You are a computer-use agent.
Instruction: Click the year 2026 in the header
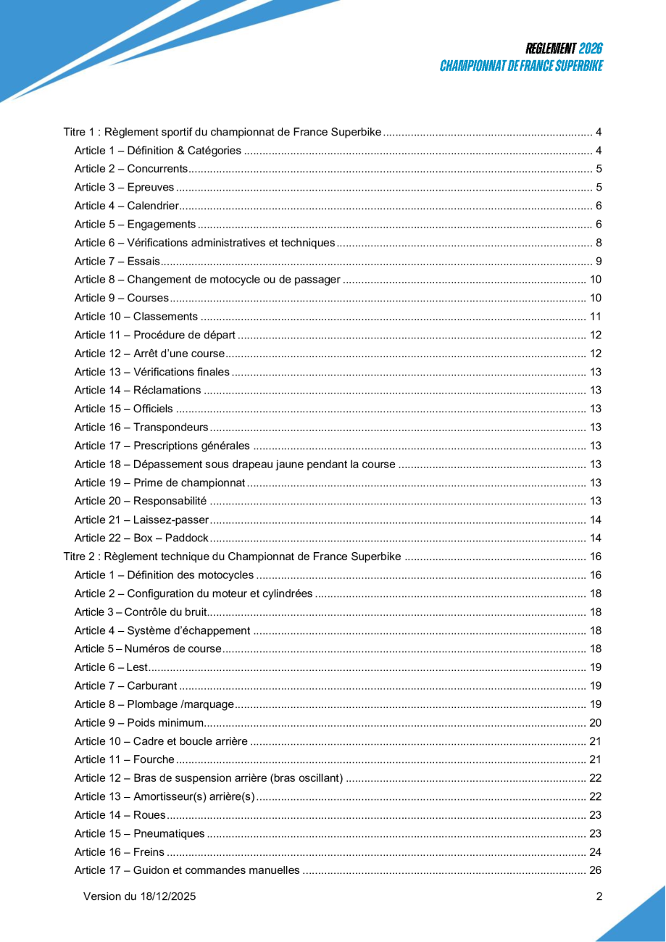591,49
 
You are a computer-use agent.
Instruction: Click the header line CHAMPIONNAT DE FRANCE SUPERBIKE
521,66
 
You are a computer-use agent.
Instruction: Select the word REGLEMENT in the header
551,49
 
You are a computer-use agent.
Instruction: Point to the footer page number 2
599,896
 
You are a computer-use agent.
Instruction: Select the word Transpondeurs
171,428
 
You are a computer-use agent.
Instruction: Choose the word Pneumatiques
169,833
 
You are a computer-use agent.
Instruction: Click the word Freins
149,852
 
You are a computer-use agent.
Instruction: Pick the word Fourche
154,759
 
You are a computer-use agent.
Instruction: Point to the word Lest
137,667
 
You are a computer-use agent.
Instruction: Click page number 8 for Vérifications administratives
599,243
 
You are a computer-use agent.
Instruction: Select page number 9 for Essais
599,262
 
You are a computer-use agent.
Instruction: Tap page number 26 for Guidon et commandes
596,870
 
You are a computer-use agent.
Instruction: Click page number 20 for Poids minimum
596,722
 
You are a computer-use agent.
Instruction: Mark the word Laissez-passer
171,520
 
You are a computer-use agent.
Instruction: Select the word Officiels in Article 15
153,409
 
